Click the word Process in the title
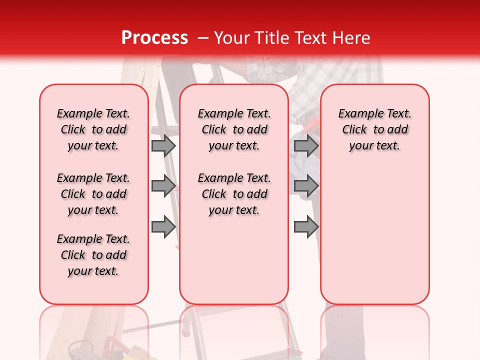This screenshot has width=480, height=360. tap(154, 38)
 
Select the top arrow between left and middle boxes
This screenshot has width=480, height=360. tap(163, 146)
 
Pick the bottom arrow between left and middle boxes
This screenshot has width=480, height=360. tap(163, 227)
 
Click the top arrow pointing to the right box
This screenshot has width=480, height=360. tap(306, 146)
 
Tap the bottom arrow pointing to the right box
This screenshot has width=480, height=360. tap(306, 227)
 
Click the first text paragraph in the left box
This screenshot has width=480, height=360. tap(93, 129)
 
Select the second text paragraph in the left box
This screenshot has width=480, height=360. tap(93, 194)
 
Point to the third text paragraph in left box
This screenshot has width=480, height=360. tap(93, 255)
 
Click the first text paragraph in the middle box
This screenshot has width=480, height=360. tap(234, 129)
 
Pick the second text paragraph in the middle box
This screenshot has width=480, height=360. tap(234, 194)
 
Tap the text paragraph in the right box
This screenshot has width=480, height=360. tap(374, 129)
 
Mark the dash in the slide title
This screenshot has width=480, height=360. tap(203, 38)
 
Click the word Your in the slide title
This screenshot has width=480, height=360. tap(232, 38)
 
